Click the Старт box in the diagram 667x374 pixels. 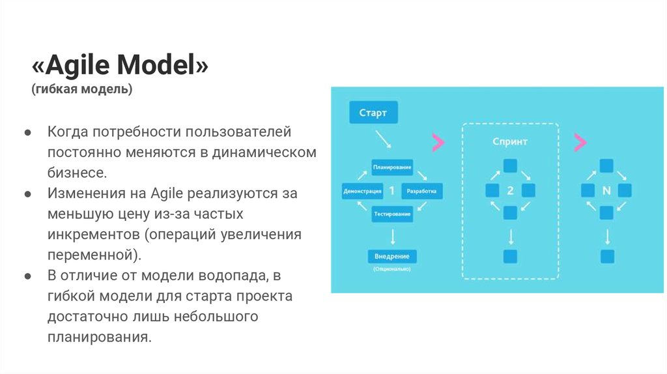click(373, 113)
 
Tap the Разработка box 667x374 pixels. click(422, 192)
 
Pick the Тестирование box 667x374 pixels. click(392, 214)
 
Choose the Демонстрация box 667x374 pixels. click(362, 192)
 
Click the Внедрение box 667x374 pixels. click(392, 255)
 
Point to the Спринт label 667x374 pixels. click(510, 141)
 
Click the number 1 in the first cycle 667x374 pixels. click(391, 192)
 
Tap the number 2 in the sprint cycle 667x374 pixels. click(510, 192)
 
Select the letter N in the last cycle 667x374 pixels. click(606, 192)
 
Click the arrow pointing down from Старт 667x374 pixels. click(382, 139)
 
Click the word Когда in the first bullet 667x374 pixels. click(67, 132)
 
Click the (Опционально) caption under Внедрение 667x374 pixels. click(392, 268)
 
